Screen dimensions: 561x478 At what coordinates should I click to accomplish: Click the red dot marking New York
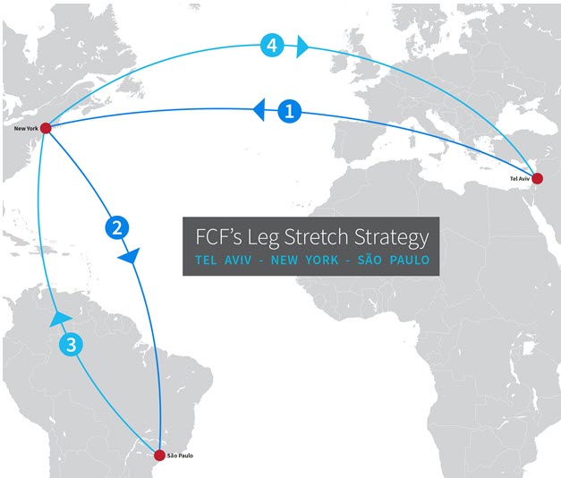click(x=45, y=128)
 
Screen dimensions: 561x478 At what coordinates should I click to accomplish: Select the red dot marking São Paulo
click(x=159, y=455)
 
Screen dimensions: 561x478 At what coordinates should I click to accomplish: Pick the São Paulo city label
click(x=179, y=456)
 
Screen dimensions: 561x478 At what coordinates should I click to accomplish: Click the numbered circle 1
click(x=288, y=112)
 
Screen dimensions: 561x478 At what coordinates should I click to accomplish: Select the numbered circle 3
click(x=72, y=344)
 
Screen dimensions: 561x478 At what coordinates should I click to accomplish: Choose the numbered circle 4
click(x=271, y=45)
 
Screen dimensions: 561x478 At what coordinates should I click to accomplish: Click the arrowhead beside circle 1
click(x=259, y=110)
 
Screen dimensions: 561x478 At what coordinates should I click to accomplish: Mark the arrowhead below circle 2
click(x=129, y=257)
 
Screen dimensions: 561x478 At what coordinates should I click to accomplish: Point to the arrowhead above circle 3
click(x=60, y=317)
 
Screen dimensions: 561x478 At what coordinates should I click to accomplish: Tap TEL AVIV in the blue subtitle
click(x=224, y=260)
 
